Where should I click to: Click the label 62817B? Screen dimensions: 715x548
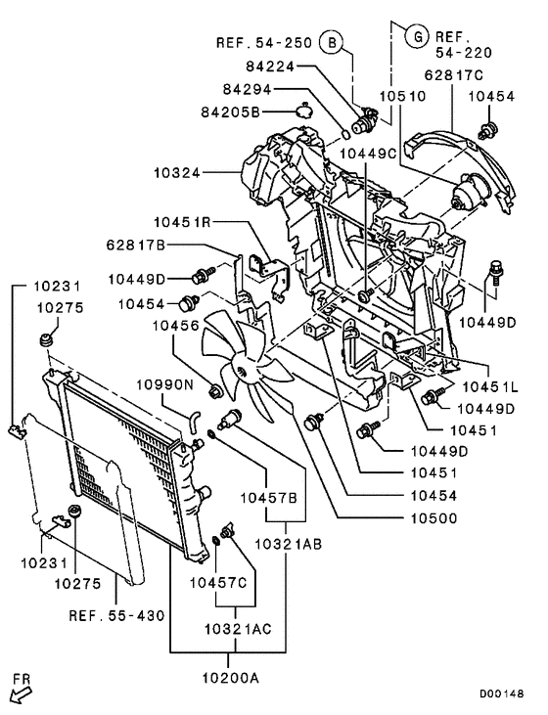tap(138, 244)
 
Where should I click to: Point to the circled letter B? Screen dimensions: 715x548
tap(332, 43)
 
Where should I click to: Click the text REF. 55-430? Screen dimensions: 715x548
tap(116, 615)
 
